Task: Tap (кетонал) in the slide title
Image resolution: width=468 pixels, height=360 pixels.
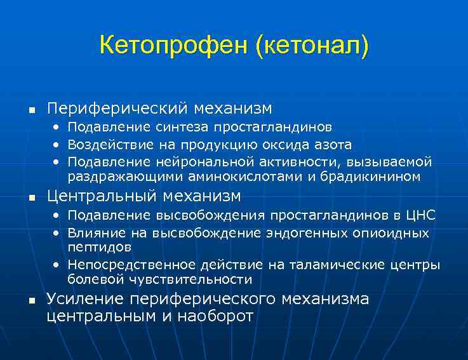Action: click(x=312, y=46)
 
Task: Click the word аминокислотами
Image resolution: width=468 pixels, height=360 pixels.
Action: click(x=239, y=176)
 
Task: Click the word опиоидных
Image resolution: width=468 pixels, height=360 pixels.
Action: click(x=391, y=232)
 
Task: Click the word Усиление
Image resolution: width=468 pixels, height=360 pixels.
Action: click(x=85, y=299)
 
